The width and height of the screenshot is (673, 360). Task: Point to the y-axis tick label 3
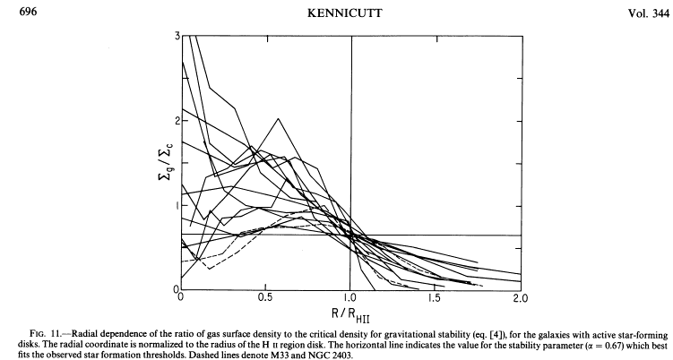point(176,37)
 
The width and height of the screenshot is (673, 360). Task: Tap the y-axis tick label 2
point(176,122)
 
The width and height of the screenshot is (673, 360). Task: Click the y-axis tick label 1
point(176,206)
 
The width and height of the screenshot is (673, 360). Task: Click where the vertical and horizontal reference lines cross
point(350,235)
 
